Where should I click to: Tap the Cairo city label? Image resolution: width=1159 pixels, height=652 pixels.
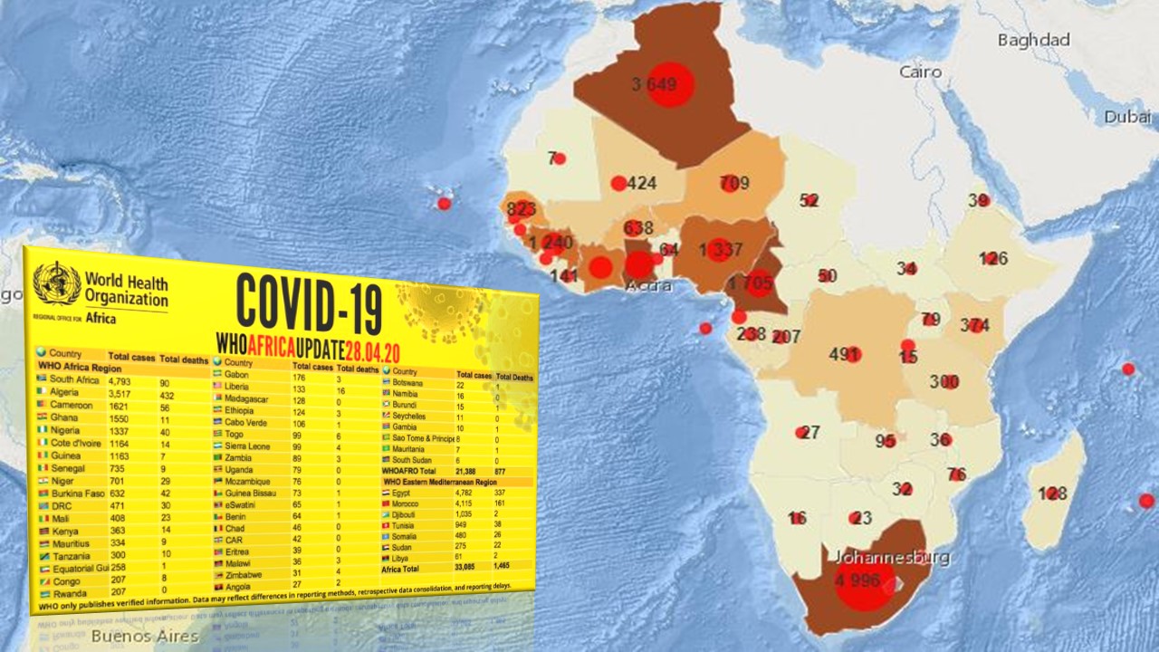pos(920,72)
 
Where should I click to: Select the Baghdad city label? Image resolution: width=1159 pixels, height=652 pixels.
pos(1033,40)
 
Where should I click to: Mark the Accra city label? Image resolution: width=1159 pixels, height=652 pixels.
pos(648,286)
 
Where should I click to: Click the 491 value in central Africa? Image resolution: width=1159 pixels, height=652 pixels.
pos(843,354)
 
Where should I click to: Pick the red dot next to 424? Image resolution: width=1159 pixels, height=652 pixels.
pos(618,184)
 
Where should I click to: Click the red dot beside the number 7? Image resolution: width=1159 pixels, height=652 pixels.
pos(560,158)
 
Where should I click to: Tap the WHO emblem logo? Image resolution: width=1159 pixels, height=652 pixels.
pos(56,283)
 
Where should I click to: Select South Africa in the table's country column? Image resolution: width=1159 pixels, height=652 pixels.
pos(75,379)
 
